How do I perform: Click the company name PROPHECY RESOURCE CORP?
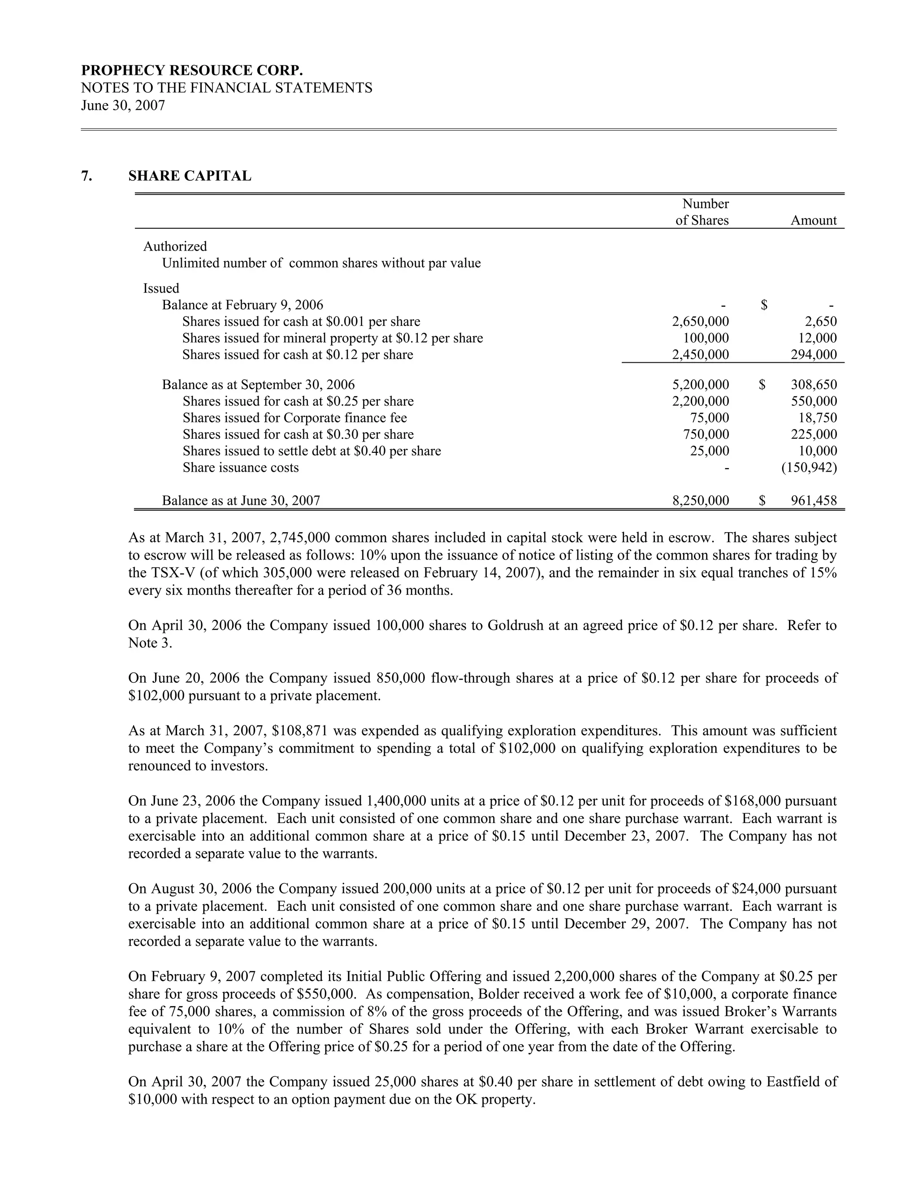pos(192,71)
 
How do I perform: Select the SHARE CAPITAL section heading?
pos(189,176)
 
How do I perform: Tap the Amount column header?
pos(813,220)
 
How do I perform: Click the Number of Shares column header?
pos(702,212)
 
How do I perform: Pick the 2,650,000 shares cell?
pos(701,321)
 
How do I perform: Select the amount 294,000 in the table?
pos(814,355)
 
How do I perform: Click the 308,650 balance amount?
pos(814,385)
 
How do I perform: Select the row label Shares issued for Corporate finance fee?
pos(295,418)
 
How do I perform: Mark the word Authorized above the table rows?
pos(175,247)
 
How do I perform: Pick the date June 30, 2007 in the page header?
pos(123,105)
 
